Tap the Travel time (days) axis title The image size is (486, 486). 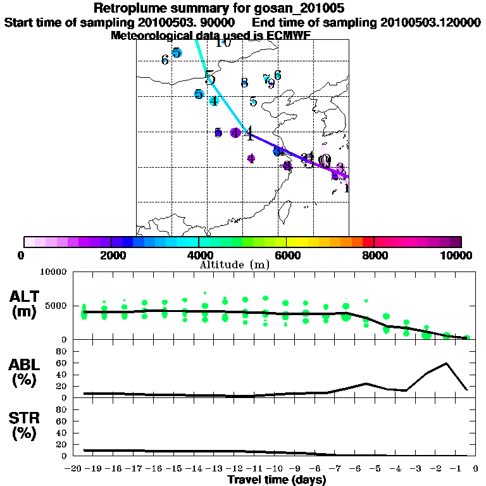point(277,480)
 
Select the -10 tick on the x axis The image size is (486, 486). point(275,469)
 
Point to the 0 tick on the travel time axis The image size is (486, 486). point(475,469)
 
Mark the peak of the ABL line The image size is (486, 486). point(447,363)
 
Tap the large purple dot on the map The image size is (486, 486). point(235,132)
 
